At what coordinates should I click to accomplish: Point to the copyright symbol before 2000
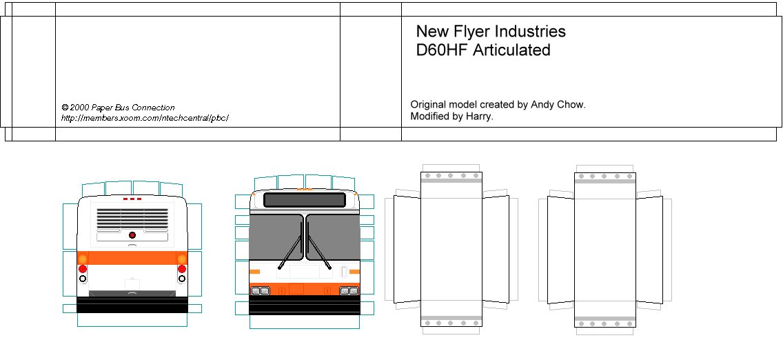pos(65,108)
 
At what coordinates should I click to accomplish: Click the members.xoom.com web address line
pos(144,118)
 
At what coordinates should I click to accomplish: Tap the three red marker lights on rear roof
pos(132,199)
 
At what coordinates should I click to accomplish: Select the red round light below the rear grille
pos(132,235)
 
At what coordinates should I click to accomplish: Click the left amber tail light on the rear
pos(83,259)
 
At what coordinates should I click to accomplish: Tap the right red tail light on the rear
pos(182,268)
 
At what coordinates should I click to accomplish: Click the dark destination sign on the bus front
pos(304,200)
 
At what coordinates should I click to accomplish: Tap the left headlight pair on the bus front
pos(261,291)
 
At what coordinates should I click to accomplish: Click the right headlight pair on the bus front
pos(349,291)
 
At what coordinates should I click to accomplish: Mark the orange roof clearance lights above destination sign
pos(304,189)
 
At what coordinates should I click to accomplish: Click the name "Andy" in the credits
pos(542,105)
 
